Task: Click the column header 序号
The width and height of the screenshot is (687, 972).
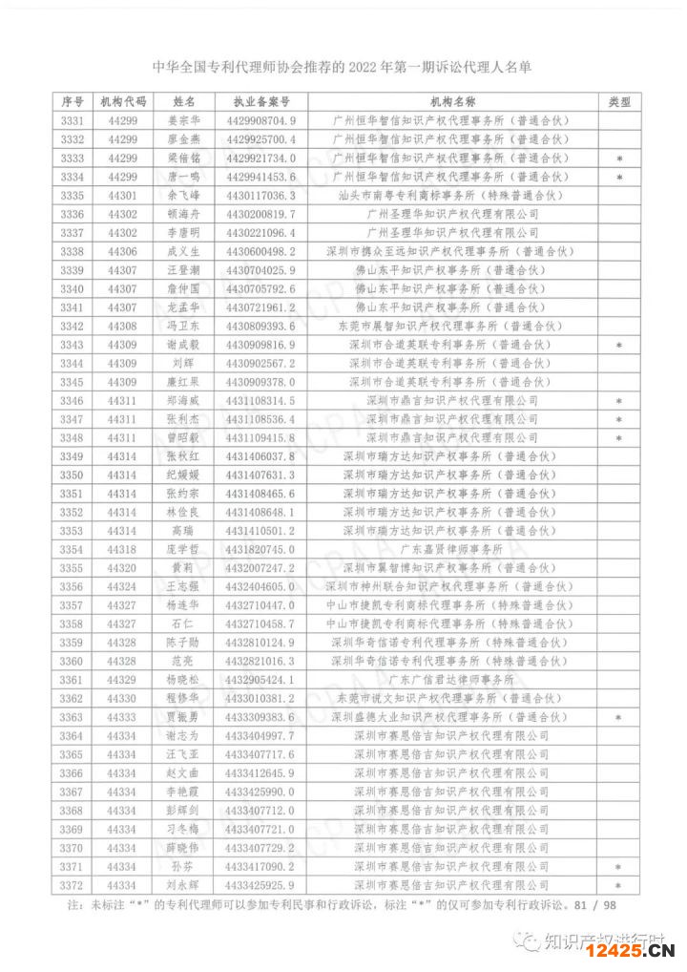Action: coord(73,102)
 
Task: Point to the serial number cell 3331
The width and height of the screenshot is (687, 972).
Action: coord(73,121)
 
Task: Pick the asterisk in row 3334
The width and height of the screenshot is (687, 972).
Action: coord(619,178)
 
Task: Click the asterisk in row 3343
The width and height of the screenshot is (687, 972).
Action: coord(619,346)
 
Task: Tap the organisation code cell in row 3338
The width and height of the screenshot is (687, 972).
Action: coord(123,252)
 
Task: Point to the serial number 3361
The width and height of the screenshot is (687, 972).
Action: coord(73,680)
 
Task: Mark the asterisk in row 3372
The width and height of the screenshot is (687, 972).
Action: coord(619,886)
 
